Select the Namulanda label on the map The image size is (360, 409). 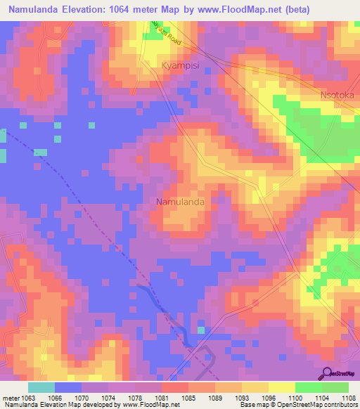(180, 202)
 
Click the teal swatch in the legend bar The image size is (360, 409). (41, 387)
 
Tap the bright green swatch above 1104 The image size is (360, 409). (308, 387)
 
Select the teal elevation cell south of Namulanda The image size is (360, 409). (201, 330)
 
